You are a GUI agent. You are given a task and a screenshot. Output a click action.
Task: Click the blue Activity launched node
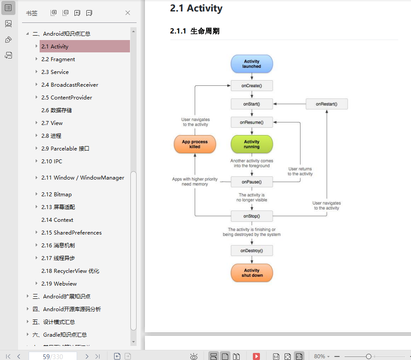pos(252,64)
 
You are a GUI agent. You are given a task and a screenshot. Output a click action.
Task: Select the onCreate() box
pos(252,85)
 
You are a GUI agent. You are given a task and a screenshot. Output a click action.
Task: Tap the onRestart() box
pos(326,104)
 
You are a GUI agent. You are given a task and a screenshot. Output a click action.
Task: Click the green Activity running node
pos(252,144)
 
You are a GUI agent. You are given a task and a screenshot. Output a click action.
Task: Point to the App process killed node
pos(195,144)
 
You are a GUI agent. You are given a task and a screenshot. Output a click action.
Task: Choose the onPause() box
pos(252,182)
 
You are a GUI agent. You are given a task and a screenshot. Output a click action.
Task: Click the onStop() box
pos(252,216)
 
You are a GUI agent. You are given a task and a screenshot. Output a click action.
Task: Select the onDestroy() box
pos(252,250)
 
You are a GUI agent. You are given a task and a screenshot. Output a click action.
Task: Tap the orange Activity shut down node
pos(252,273)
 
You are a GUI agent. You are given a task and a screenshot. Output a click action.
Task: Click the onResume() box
pos(252,122)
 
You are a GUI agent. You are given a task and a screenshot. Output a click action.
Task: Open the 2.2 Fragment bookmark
pos(58,59)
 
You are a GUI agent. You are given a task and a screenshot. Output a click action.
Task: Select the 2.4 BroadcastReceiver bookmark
pos(70,85)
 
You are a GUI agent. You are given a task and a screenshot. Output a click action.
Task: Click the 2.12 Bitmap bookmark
pos(56,195)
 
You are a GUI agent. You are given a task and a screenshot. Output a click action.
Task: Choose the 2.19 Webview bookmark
pos(59,284)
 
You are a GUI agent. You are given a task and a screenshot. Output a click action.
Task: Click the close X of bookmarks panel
pos(128,13)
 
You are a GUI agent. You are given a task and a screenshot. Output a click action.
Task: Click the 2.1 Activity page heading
pos(196,8)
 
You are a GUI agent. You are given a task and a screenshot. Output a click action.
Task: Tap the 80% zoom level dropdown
pos(322,356)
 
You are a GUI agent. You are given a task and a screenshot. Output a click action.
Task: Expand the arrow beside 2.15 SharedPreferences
pos(37,232)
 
